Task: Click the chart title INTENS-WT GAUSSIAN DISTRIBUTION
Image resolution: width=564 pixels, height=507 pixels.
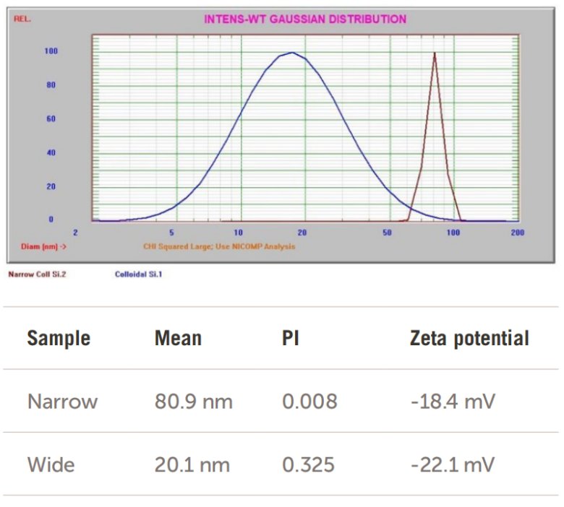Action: [304, 19]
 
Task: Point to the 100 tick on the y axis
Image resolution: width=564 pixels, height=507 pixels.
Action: [51, 51]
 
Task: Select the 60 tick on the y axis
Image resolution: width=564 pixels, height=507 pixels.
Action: [51, 118]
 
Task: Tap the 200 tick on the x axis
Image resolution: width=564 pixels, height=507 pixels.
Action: [517, 233]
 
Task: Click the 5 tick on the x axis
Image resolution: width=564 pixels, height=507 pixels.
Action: [172, 233]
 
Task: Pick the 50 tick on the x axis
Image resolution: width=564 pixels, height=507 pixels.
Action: [388, 233]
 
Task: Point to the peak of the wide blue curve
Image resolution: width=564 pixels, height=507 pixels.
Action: [291, 52]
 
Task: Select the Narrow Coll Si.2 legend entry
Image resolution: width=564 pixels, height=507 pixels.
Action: [37, 274]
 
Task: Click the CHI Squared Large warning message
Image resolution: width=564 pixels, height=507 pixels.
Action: [219, 246]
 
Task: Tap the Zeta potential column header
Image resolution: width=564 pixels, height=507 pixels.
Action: [469, 338]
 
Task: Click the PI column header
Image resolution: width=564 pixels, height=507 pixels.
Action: [291, 338]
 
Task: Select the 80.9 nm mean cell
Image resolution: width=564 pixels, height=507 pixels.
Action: [193, 402]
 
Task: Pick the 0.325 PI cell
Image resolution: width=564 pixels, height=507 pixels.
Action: [308, 464]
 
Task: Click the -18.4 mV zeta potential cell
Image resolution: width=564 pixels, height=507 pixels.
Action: [452, 402]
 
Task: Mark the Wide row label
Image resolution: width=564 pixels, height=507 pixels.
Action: [51, 464]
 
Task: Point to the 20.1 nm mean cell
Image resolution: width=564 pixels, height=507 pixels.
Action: [193, 464]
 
